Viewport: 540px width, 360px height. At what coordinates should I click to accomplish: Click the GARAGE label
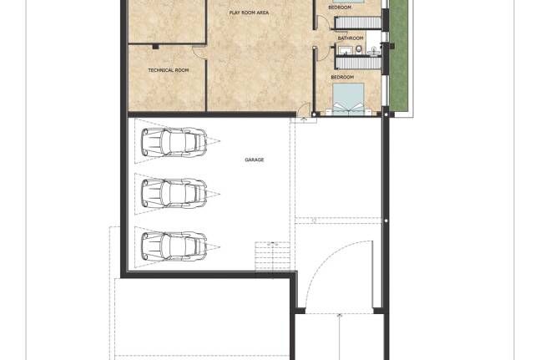pos(255,160)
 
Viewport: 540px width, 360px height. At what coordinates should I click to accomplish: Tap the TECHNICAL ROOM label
pos(169,70)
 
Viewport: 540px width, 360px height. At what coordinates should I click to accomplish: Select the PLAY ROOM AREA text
pos(249,13)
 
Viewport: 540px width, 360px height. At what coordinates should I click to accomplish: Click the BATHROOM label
pos(351,38)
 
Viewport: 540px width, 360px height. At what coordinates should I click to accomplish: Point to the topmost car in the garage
pos(174,142)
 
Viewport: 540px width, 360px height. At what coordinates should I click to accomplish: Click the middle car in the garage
pos(174,193)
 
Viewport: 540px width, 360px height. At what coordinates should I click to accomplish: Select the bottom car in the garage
pos(174,246)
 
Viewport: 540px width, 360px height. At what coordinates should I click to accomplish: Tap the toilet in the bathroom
pos(359,49)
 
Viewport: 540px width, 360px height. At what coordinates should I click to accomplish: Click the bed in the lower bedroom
pos(349,98)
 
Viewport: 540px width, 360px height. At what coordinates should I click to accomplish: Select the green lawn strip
pos(398,55)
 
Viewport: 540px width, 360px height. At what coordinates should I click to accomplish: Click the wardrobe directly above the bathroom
pos(358,23)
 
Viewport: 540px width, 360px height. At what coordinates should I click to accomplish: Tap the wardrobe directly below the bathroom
pos(358,63)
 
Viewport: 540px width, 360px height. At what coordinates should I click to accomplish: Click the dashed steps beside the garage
pos(272,256)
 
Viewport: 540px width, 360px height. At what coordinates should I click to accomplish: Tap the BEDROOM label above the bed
pos(342,78)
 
